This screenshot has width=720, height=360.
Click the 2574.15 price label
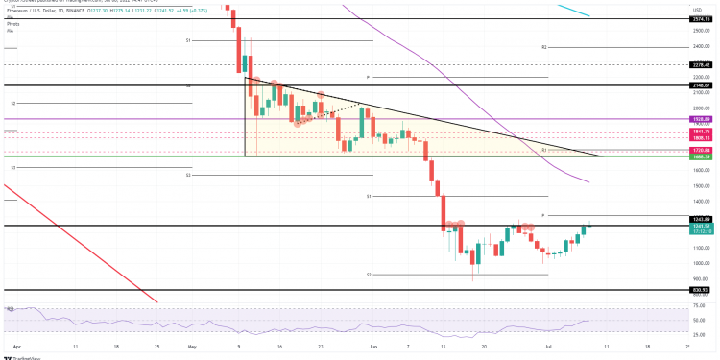pyautogui.click(x=701, y=19)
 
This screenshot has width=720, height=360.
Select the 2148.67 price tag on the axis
pyautogui.click(x=701, y=84)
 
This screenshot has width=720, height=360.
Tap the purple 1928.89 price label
pyautogui.click(x=701, y=118)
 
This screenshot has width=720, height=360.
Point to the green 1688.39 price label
pyautogui.click(x=701, y=156)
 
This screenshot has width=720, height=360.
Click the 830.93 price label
pyautogui.click(x=701, y=289)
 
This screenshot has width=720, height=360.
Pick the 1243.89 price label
pyautogui.click(x=701, y=220)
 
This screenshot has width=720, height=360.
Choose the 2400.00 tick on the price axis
pyautogui.click(x=701, y=46)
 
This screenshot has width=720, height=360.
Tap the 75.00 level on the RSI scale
pyautogui.click(x=701, y=308)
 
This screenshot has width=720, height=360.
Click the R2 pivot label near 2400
pyautogui.click(x=543, y=46)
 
